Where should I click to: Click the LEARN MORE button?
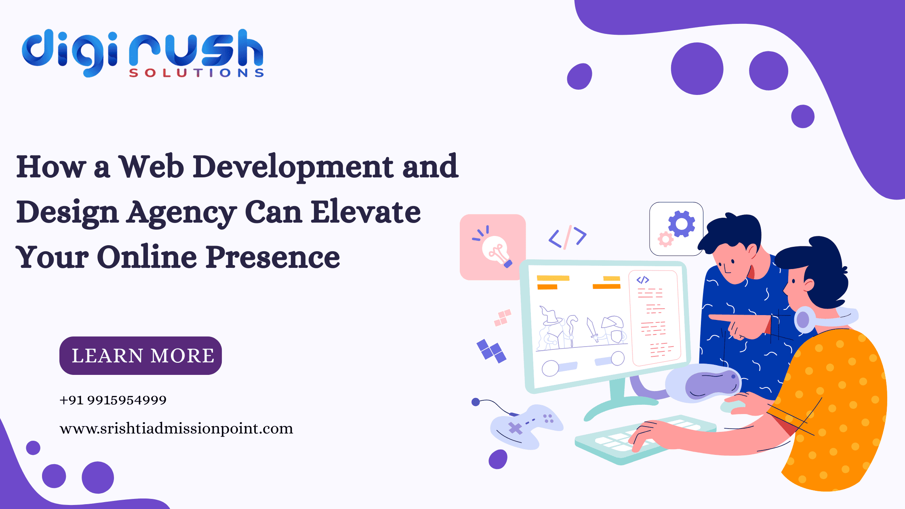tap(141, 355)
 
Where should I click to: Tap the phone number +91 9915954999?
tap(113, 400)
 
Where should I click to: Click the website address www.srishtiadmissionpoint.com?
tap(176, 428)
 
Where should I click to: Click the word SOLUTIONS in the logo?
tap(196, 73)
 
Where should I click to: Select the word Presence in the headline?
tap(273, 257)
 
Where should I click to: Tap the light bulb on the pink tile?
tap(495, 250)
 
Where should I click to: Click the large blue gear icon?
tap(682, 223)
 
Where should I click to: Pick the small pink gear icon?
tap(665, 239)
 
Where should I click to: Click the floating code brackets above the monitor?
tap(567, 237)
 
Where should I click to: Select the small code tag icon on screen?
tap(642, 280)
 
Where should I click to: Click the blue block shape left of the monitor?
tap(491, 351)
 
